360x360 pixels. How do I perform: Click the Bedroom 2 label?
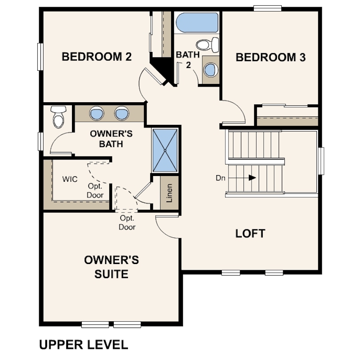pos(96,57)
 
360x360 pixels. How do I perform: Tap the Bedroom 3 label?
pos(271,57)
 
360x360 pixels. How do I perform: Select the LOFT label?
pos(250,233)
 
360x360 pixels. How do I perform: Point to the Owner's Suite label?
pos(112,267)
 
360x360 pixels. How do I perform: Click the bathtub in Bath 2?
pos(197,23)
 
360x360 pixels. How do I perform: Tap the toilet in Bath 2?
pos(207,45)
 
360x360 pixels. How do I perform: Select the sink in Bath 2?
pos(211,70)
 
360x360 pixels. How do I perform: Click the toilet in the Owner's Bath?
pos(58,117)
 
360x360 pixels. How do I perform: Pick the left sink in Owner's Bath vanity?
pos(96,113)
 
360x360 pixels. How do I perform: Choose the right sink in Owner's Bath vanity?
pos(122,113)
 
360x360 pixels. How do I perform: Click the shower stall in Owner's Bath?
pos(165,150)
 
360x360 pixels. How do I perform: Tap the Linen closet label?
pos(169,193)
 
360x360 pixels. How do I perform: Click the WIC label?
pos(70,179)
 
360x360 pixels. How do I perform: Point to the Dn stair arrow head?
pos(252,178)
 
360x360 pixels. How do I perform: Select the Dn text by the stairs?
pos(220,178)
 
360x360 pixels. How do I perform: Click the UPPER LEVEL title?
pos(84,345)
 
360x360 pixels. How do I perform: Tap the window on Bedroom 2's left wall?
pos(40,57)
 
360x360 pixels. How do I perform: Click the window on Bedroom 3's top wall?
pos(268,8)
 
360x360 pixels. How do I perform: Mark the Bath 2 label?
pos(188,60)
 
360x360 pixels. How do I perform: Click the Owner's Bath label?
pos(111,139)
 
